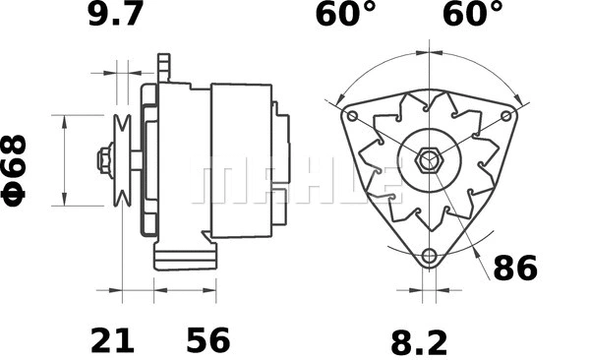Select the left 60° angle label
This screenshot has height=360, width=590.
point(345,16)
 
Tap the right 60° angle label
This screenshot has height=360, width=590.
point(471,16)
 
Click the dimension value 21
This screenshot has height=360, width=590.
point(112,341)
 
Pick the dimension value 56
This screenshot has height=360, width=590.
point(207,341)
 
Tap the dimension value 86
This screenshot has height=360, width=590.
point(515,268)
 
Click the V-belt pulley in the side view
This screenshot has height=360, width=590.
point(123,160)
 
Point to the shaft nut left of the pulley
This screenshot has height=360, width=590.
point(102,160)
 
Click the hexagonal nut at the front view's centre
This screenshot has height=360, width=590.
point(428,160)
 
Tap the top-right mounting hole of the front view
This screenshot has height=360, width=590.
point(506,116)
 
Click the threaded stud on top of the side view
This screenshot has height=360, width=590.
point(164,69)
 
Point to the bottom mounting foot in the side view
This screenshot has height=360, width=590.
point(185,258)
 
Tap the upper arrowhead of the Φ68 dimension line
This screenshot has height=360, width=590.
point(65,119)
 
